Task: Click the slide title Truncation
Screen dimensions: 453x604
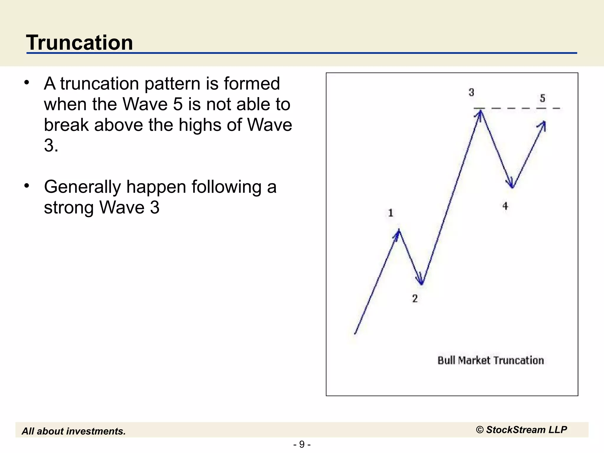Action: click(x=80, y=42)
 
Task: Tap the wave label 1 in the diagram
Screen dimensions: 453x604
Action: click(x=390, y=213)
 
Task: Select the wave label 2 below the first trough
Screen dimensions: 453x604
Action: click(x=415, y=298)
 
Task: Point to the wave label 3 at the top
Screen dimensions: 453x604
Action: click(x=471, y=92)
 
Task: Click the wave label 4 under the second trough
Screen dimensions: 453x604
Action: click(x=505, y=206)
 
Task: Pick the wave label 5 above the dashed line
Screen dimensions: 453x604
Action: click(x=542, y=98)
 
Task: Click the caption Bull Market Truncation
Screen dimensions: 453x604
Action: click(x=490, y=360)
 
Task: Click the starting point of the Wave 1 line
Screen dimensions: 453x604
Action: click(x=355, y=334)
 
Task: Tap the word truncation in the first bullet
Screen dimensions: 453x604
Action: click(x=99, y=83)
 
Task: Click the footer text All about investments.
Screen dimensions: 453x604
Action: click(x=74, y=431)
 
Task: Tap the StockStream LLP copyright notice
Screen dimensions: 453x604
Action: click(x=521, y=430)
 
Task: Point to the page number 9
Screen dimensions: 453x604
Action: click(x=302, y=444)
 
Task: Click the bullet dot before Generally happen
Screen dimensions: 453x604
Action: click(x=27, y=186)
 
